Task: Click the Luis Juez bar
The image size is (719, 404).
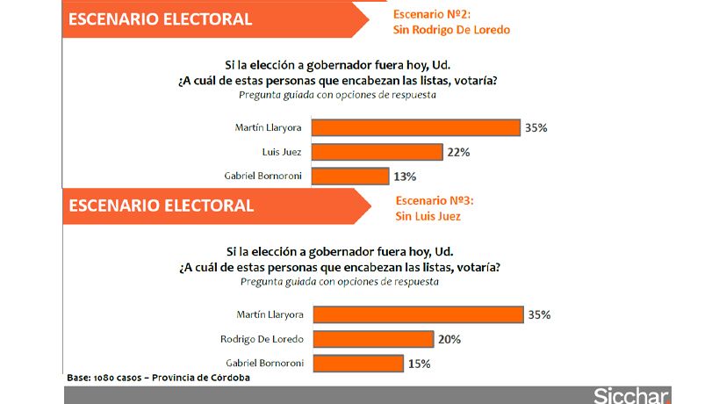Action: pos(377,152)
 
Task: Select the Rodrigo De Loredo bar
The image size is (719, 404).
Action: pos(373,339)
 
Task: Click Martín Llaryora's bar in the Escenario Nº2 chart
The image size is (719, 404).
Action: pos(416,128)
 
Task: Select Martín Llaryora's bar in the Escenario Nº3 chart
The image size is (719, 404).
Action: pos(418,314)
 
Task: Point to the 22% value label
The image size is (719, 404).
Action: pos(458,152)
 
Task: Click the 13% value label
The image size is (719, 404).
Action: pos(405,176)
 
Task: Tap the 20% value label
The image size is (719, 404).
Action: pos(449,339)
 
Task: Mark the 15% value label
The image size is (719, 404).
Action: pos(417,363)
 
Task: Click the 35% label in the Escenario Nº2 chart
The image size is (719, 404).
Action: pos(536,128)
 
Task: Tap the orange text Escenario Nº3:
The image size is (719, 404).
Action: pos(435,200)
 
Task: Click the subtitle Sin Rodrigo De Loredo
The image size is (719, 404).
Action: pos(451,29)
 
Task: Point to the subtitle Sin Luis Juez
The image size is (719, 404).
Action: pos(428,216)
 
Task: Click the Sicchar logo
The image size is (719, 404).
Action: pos(631,395)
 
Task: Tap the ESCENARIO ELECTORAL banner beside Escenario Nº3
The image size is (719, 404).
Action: pos(162,206)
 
